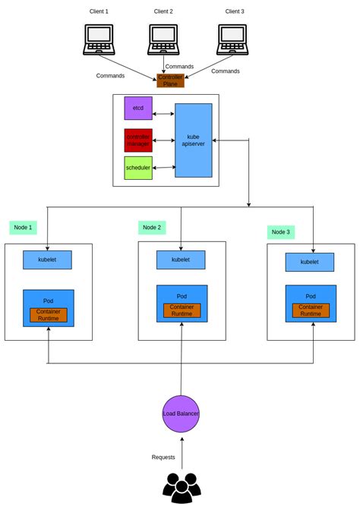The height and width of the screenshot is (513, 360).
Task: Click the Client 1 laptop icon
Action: click(99, 39)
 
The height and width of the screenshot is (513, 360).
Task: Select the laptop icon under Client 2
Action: click(163, 39)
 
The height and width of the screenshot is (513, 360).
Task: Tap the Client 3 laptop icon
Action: click(232, 39)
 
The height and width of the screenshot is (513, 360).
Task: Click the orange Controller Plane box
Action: click(170, 80)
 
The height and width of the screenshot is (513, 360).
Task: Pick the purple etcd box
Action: click(138, 108)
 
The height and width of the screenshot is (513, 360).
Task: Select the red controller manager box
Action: click(138, 140)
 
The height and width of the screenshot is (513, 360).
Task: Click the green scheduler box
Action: click(138, 168)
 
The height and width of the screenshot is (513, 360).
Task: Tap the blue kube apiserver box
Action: click(193, 140)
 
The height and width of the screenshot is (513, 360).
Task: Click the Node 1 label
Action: click(24, 228)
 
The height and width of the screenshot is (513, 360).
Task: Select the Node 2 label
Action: click(152, 228)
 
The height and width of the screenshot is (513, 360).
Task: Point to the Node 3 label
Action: click(281, 232)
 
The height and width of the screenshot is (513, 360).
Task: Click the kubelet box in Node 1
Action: click(47, 260)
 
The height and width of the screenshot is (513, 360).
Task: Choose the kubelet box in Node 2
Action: click(181, 260)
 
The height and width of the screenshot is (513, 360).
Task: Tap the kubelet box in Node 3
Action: click(309, 262)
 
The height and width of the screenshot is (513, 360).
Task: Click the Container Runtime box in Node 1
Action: click(49, 315)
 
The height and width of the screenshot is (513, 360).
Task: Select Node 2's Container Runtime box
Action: click(182, 310)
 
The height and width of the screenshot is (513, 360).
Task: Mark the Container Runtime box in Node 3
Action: click(311, 310)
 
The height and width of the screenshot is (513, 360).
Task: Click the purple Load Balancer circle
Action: click(181, 414)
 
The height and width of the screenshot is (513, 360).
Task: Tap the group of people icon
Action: click(182, 488)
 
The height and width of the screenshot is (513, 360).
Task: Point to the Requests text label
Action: click(163, 457)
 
